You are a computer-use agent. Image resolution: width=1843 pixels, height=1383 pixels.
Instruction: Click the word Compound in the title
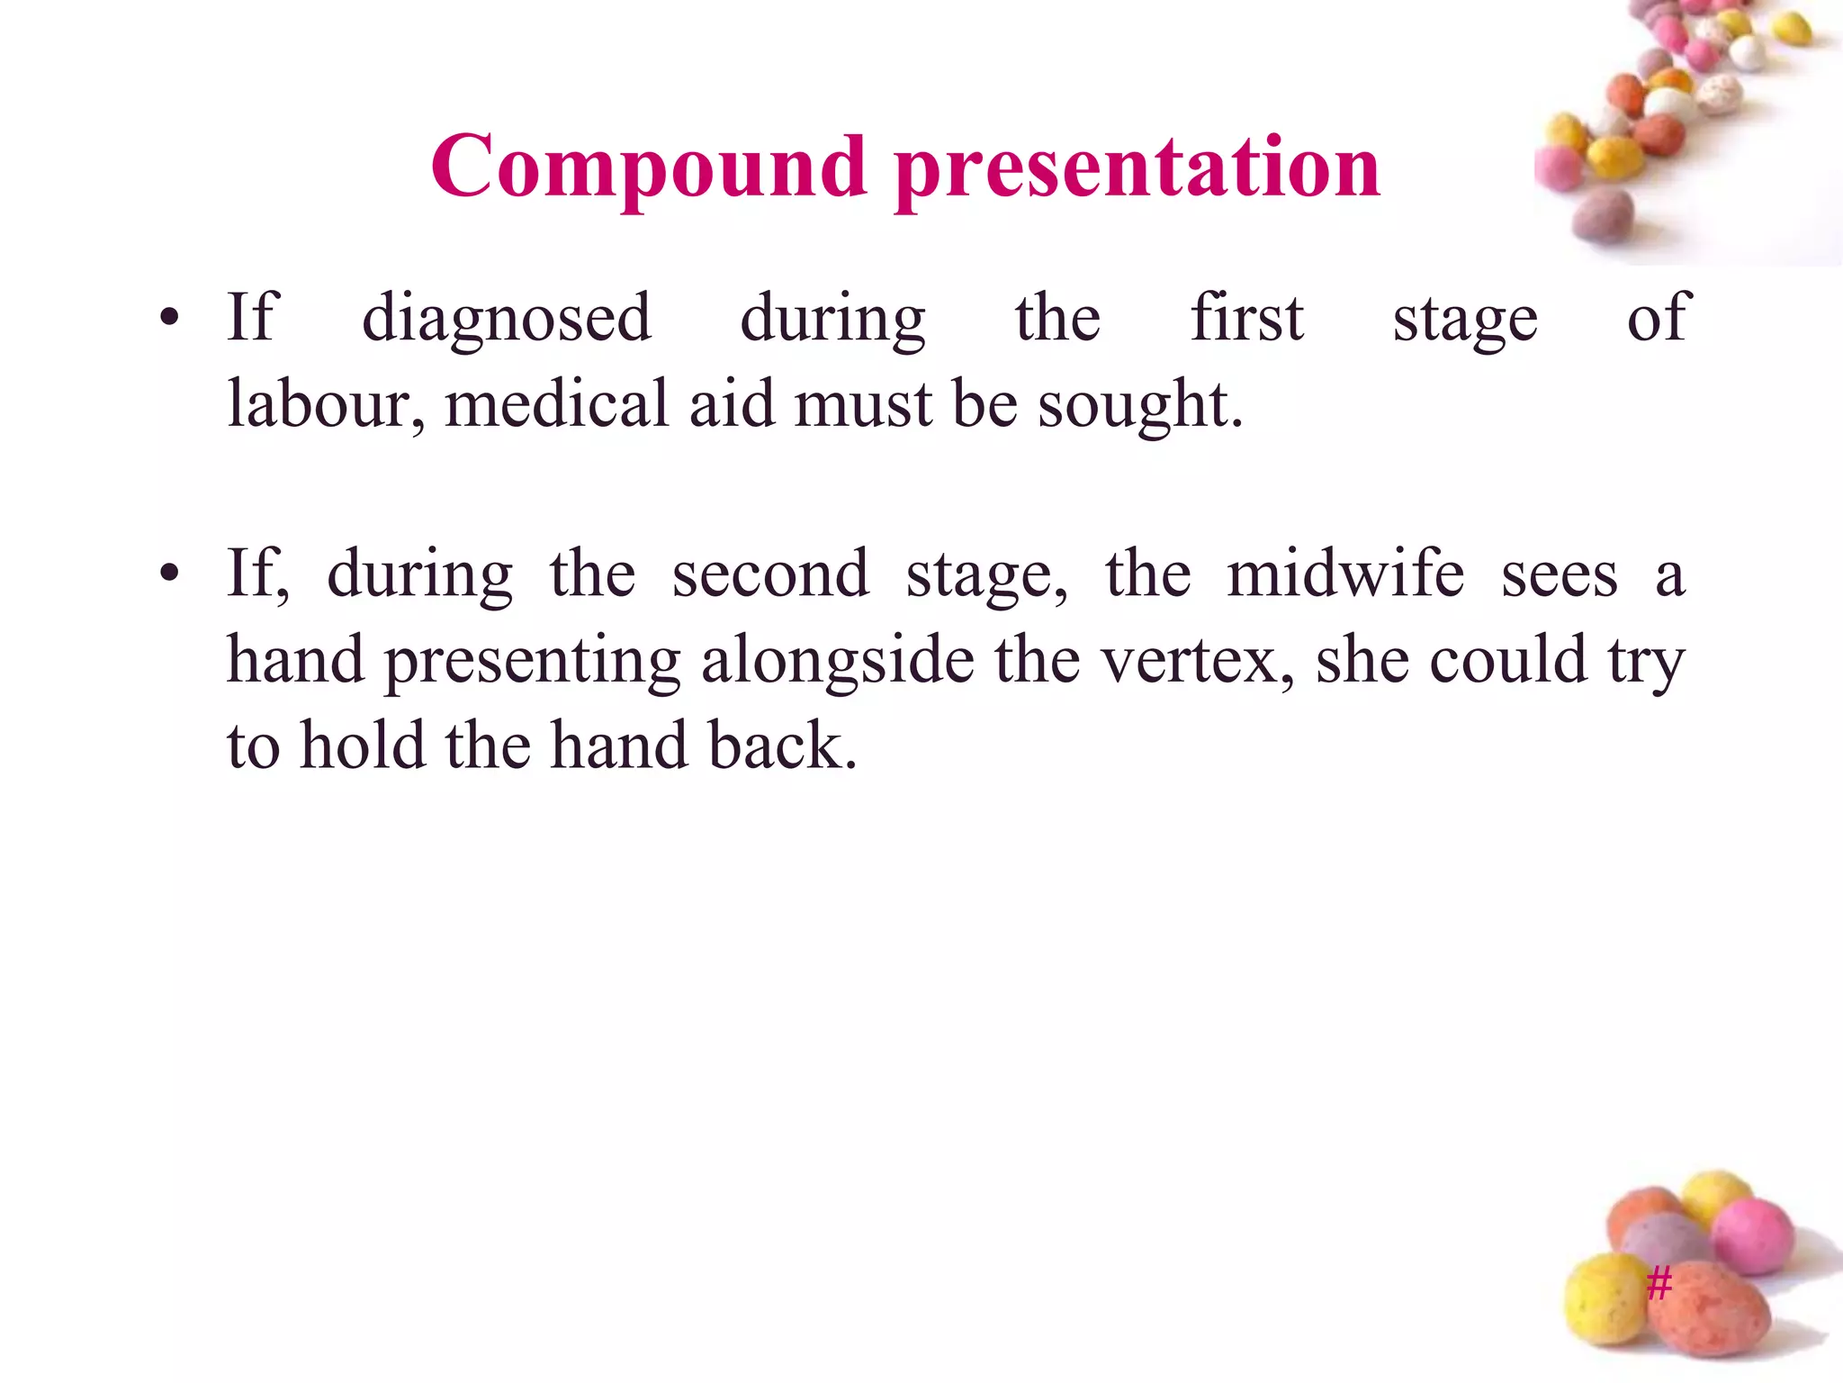648,167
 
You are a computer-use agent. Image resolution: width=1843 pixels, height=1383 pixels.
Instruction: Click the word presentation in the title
1137,167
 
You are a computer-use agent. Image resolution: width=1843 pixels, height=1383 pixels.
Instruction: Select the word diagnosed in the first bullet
506,319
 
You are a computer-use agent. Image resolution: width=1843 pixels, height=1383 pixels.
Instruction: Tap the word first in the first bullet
1246,319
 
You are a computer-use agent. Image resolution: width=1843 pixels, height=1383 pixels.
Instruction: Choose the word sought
1139,404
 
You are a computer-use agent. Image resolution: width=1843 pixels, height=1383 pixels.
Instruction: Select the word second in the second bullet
770,574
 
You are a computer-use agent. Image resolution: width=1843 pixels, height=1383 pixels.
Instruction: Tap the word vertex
1198,661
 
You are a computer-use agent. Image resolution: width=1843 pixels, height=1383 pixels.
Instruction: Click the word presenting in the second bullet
533,661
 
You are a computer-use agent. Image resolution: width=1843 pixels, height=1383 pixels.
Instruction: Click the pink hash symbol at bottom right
1659,1282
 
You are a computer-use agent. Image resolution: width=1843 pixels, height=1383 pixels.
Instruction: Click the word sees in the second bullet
1559,574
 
